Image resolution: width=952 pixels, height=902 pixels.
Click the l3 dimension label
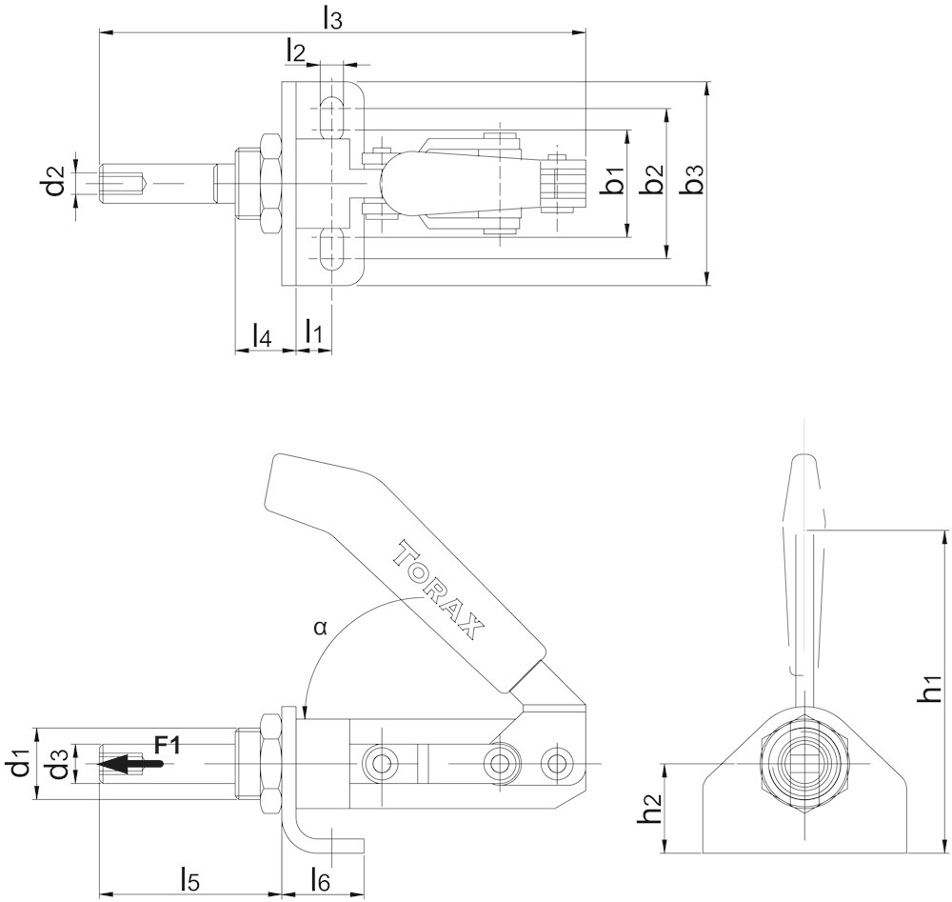coord(332,17)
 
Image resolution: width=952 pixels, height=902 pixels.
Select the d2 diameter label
coord(55,179)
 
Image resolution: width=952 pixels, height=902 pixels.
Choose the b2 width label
coord(652,180)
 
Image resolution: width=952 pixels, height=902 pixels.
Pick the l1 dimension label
coord(313,331)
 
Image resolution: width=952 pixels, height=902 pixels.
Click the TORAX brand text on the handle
coord(440,589)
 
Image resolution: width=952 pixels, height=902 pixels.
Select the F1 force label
coord(167,744)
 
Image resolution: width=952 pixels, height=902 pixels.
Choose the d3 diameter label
coord(59,765)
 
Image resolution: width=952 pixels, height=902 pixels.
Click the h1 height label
coord(929,690)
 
